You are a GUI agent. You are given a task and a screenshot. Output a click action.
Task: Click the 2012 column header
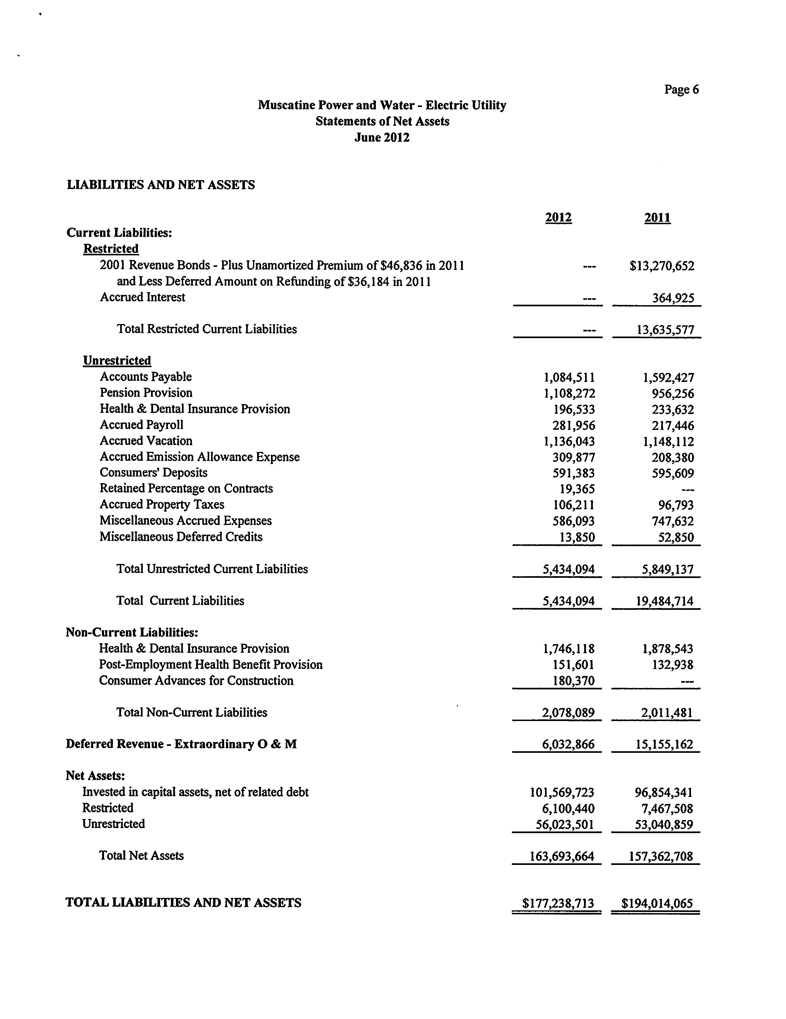point(558,218)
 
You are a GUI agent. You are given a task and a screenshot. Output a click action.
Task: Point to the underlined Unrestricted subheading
point(117,361)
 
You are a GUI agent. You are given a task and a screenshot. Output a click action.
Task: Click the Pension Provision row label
point(146,393)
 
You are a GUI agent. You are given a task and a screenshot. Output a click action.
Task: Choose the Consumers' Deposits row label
point(153,473)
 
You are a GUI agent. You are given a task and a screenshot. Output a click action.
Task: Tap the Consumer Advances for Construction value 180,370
point(573,681)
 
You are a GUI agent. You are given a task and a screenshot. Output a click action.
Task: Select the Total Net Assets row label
point(141,856)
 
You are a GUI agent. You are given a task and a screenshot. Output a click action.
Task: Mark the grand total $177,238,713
point(558,904)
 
